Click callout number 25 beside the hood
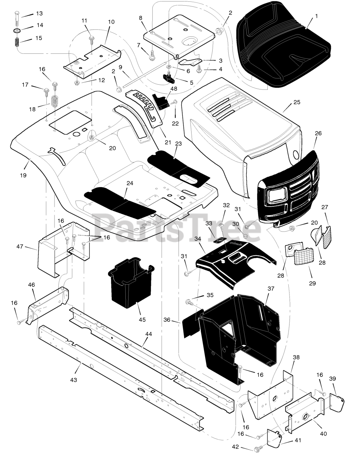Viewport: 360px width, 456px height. pos(297,102)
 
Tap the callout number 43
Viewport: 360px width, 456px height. pos(73,380)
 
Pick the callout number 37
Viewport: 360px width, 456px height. pos(271,289)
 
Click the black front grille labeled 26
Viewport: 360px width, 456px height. pos(288,189)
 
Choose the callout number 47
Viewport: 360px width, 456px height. pos(20,246)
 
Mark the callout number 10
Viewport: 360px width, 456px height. pos(111,22)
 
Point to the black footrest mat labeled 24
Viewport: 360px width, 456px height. pos(119,202)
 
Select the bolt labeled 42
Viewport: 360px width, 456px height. pos(257,448)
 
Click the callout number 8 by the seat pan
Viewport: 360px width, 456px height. pos(140,17)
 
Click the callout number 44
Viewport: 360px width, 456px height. pos(148,334)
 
